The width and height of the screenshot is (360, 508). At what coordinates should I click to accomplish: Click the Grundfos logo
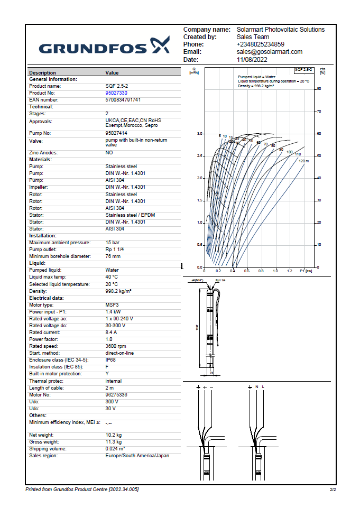click(104, 47)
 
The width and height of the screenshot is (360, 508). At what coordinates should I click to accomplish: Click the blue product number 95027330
click(116, 93)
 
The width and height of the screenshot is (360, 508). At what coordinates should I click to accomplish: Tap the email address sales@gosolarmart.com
click(269, 52)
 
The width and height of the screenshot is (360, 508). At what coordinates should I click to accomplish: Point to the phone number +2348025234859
click(260, 44)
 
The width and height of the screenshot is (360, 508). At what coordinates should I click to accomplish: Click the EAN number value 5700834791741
click(123, 100)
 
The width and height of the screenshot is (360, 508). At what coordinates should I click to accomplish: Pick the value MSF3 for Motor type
click(112, 305)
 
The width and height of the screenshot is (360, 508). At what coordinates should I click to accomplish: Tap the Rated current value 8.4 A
click(113, 332)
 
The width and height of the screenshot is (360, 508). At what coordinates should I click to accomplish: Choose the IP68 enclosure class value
click(111, 360)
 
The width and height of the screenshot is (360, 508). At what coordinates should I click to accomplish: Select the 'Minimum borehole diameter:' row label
click(60, 256)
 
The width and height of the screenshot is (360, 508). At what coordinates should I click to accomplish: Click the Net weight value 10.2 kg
click(113, 435)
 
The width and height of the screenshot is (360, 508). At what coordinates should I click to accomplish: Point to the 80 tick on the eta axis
click(318, 89)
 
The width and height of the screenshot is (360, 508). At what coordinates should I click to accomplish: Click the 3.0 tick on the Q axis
click(200, 134)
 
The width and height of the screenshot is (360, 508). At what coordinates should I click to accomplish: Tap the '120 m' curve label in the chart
click(303, 161)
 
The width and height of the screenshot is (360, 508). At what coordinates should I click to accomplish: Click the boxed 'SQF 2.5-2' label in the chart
click(304, 70)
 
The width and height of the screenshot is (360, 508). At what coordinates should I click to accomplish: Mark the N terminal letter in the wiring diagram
click(257, 387)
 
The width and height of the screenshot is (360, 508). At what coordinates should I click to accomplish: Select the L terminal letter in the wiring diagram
click(263, 387)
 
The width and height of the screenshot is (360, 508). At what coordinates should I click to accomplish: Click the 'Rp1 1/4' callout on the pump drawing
click(220, 280)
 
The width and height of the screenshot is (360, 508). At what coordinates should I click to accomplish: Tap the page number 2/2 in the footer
click(333, 490)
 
